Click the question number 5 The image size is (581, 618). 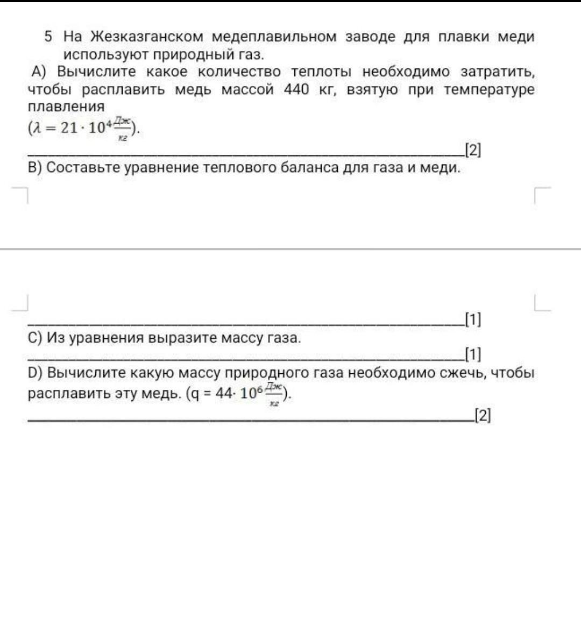[x=48, y=37]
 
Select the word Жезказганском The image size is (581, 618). [x=146, y=37]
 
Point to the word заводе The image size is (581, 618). [x=371, y=37]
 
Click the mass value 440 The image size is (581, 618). [x=296, y=89]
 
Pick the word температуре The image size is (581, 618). [x=489, y=89]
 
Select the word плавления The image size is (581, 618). [x=66, y=106]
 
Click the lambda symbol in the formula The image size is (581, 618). [x=36, y=128]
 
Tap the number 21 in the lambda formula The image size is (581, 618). [x=68, y=128]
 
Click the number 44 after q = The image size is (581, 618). [x=223, y=393]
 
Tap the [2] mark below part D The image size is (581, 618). [x=482, y=415]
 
